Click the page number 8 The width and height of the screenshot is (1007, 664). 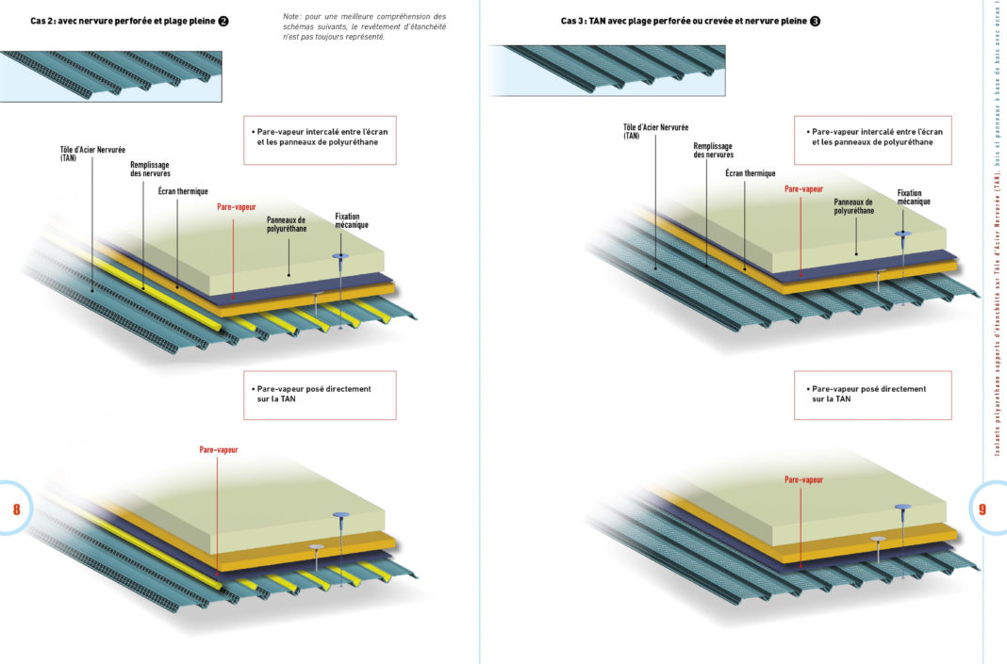pyautogui.click(x=17, y=509)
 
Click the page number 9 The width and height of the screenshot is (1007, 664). pyautogui.click(x=982, y=509)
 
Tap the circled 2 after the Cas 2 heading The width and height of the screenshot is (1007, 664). pyautogui.click(x=223, y=21)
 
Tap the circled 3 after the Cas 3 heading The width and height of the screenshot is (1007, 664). pyautogui.click(x=815, y=21)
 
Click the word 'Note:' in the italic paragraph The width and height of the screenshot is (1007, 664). pyautogui.click(x=292, y=17)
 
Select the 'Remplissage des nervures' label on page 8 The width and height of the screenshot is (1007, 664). pyautogui.click(x=150, y=170)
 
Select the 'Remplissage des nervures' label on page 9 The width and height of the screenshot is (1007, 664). pyautogui.click(x=713, y=151)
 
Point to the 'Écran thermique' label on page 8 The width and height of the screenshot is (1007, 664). pyautogui.click(x=183, y=191)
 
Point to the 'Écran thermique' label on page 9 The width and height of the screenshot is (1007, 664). pyautogui.click(x=751, y=173)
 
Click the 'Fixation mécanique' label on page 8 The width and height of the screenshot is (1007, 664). pyautogui.click(x=352, y=220)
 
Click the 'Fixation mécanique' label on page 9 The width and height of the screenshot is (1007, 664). pyautogui.click(x=914, y=197)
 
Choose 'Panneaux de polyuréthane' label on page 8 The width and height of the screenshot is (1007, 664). pyautogui.click(x=287, y=224)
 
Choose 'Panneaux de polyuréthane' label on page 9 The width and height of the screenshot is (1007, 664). pyautogui.click(x=853, y=206)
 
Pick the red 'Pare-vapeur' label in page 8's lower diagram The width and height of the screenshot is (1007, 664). pyautogui.click(x=219, y=449)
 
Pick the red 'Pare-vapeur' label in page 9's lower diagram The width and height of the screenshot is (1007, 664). pyautogui.click(x=803, y=479)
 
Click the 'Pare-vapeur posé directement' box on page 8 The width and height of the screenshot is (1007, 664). pyautogui.click(x=320, y=396)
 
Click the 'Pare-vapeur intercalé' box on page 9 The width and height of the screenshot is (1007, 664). pyautogui.click(x=873, y=140)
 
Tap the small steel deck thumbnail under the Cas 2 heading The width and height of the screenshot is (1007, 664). pyautogui.click(x=111, y=76)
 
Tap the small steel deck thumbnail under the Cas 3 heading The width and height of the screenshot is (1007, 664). pyautogui.click(x=606, y=71)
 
